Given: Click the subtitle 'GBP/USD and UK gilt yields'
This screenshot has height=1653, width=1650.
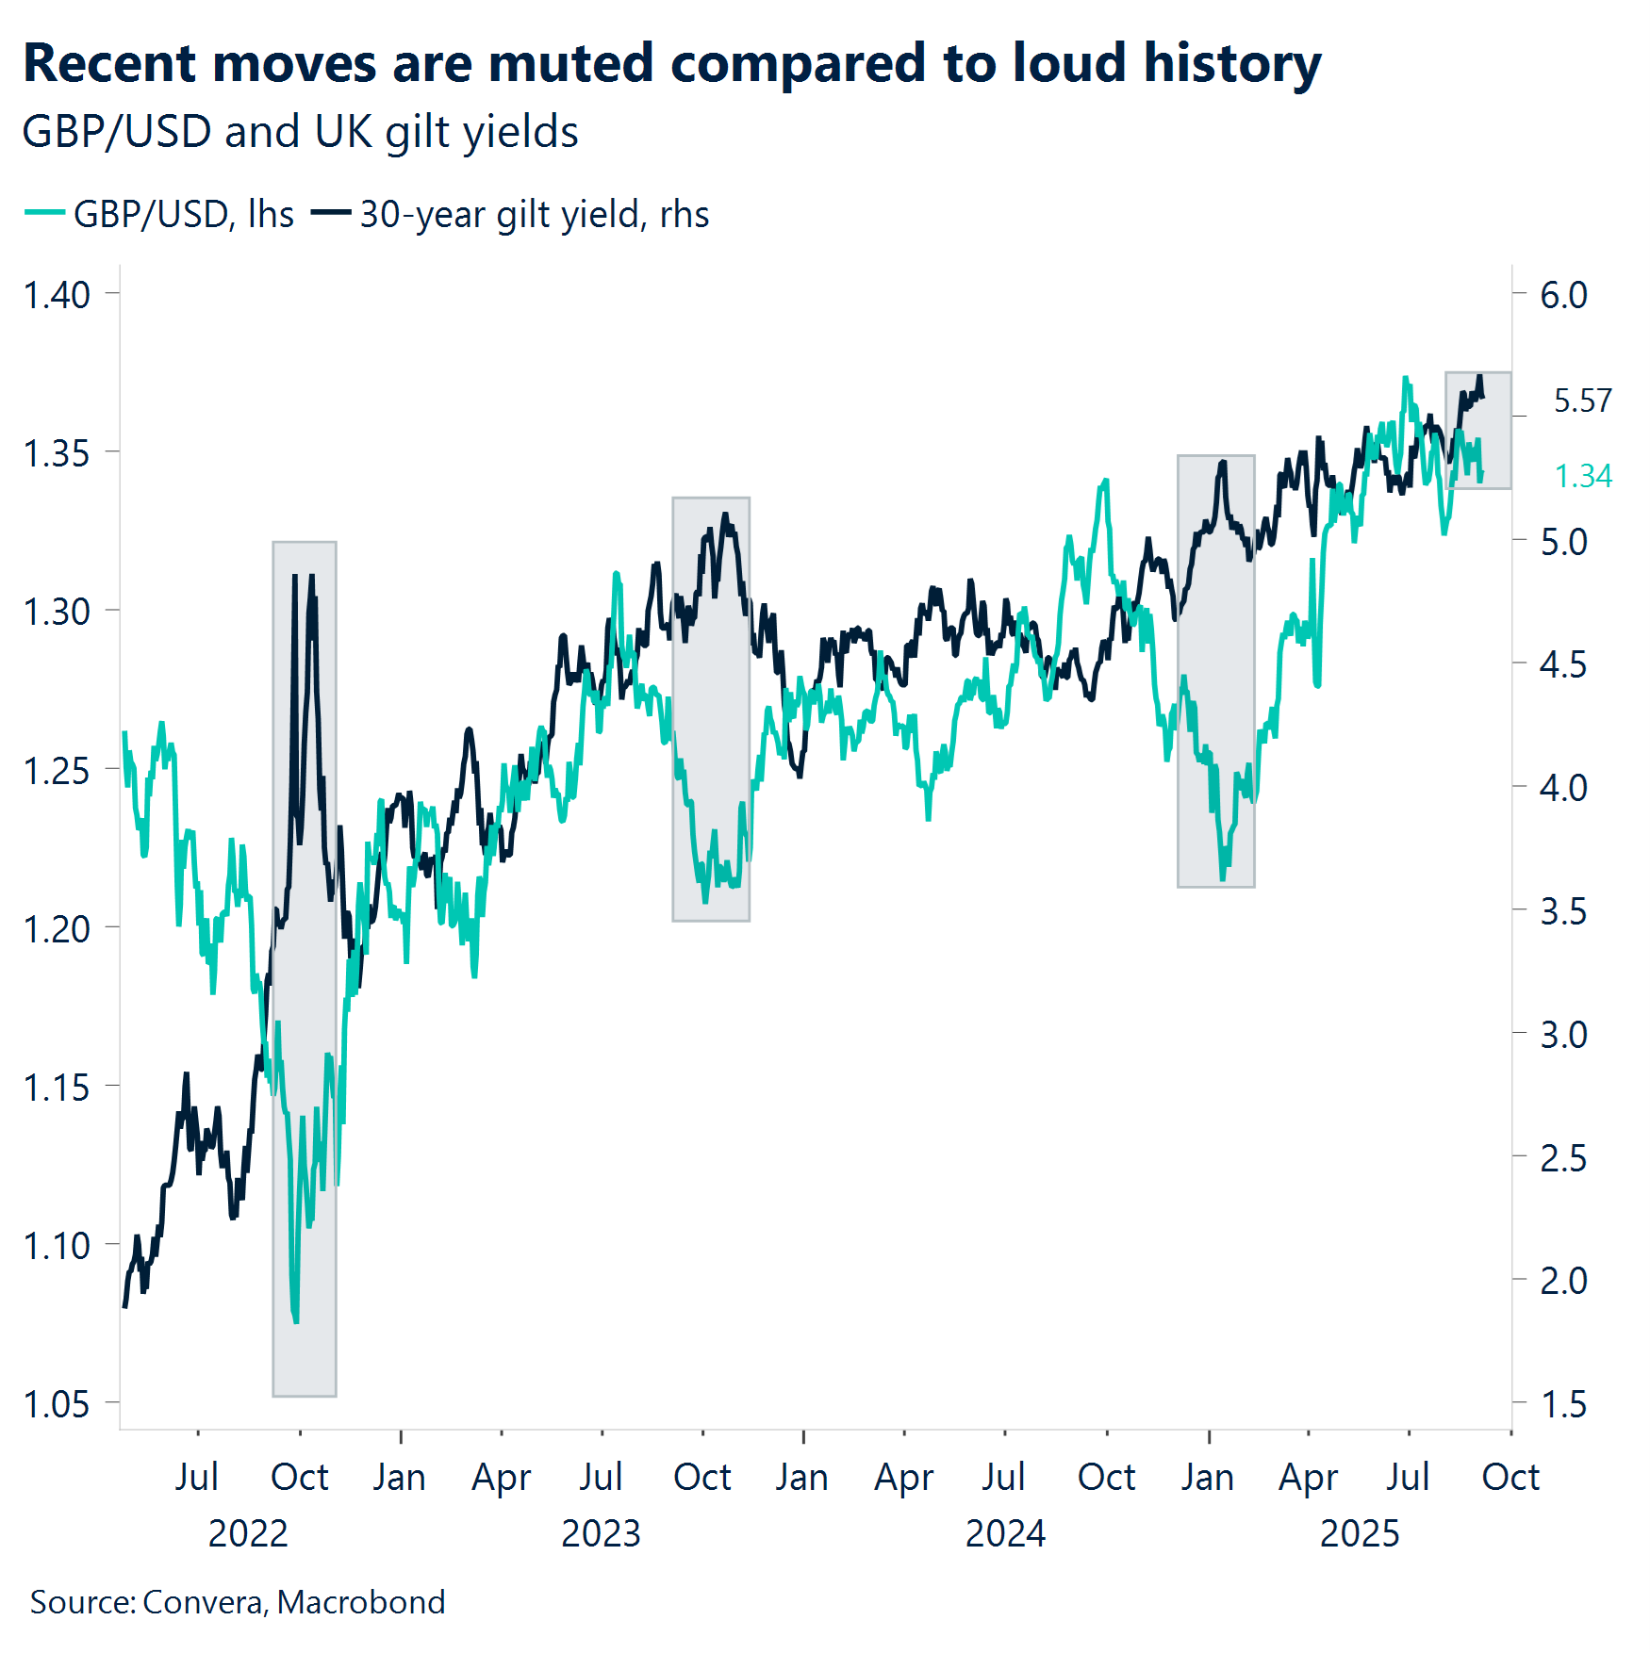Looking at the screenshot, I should pyautogui.click(x=300, y=132).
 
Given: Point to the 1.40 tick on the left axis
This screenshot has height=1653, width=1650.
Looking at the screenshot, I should pyautogui.click(x=57, y=295).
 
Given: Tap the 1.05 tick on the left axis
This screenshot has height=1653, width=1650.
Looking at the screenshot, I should pyautogui.click(x=57, y=1404).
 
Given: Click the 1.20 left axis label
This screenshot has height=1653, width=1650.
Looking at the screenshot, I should pyautogui.click(x=57, y=929).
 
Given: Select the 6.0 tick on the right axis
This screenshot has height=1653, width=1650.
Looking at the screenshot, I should pyautogui.click(x=1562, y=295).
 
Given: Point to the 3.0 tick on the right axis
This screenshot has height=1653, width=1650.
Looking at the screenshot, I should pyautogui.click(x=1562, y=1035).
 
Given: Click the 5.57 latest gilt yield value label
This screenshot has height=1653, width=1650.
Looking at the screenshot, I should pyautogui.click(x=1582, y=401).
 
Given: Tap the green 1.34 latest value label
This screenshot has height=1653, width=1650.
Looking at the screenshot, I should pyautogui.click(x=1582, y=476).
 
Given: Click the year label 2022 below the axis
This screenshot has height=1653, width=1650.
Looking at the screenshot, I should pyautogui.click(x=247, y=1533).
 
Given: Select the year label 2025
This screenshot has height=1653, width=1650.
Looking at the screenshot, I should pyautogui.click(x=1359, y=1533).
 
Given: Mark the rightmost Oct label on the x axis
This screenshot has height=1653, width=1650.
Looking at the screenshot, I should pyautogui.click(x=1510, y=1477).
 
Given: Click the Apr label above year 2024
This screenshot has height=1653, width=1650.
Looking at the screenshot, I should pyautogui.click(x=903, y=1477).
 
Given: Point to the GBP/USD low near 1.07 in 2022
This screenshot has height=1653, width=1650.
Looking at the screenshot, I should pyautogui.click(x=296, y=1319).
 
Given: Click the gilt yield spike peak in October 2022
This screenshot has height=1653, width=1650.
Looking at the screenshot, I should pyautogui.click(x=296, y=576).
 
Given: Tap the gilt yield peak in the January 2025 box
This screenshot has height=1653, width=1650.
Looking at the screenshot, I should pyautogui.click(x=1223, y=462).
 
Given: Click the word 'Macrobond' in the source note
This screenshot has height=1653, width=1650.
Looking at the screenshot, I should pyautogui.click(x=361, y=1602).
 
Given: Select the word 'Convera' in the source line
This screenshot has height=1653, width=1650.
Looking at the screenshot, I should pyautogui.click(x=203, y=1602).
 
